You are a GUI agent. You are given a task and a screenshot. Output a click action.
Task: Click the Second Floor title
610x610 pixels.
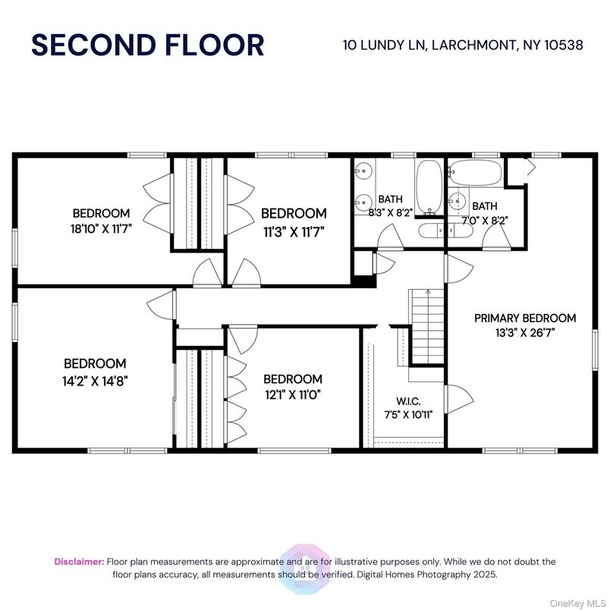coord(147,45)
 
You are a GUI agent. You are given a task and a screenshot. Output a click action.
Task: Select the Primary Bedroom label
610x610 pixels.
coord(525,318)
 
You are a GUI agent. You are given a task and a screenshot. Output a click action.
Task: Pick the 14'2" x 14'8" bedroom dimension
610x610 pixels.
coord(95,380)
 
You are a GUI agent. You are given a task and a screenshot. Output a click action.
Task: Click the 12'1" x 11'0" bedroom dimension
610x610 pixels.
coord(292,395)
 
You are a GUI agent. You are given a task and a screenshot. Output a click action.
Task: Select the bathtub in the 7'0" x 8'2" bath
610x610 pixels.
coord(474,173)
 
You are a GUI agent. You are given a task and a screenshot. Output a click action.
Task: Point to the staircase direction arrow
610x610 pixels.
coord(428,291)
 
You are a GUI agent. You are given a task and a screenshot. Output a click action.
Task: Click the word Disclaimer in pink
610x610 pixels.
coord(79,561)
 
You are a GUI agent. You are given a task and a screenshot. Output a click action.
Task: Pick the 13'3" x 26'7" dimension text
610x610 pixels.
coord(525,332)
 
